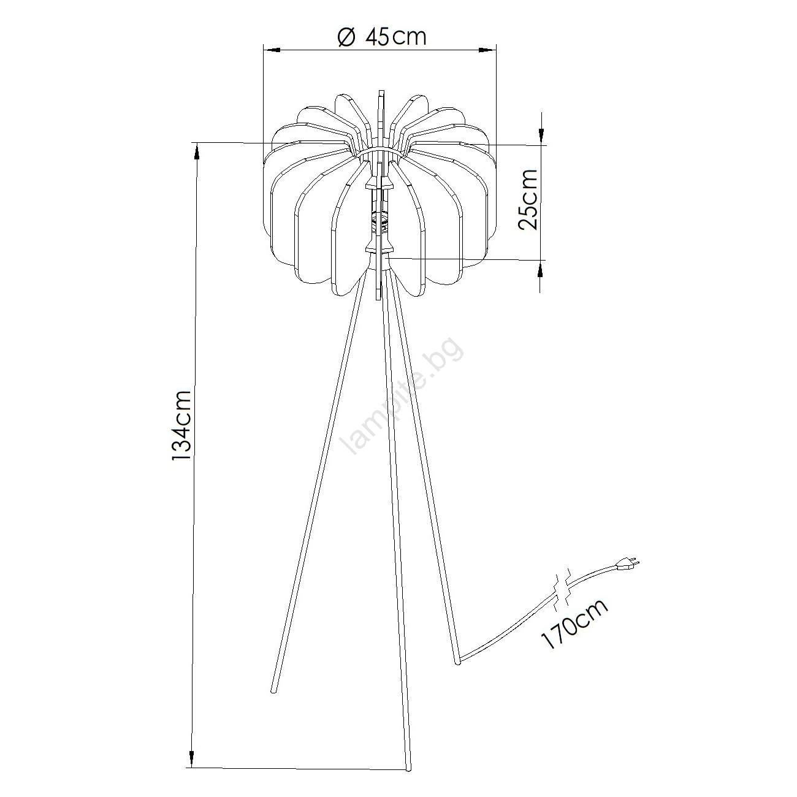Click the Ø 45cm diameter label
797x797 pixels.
(x=382, y=37)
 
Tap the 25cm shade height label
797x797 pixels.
(x=528, y=199)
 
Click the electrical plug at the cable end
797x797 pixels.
(x=628, y=564)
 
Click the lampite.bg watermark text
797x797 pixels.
(x=401, y=398)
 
